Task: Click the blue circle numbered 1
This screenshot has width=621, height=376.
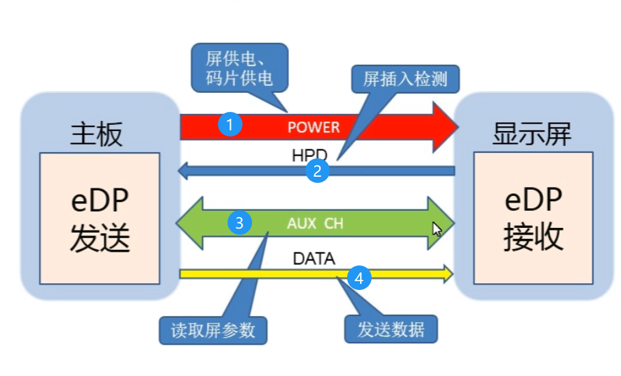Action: pos(231,125)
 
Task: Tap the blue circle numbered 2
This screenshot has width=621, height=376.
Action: pos(316,171)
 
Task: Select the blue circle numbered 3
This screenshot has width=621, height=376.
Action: pos(238,222)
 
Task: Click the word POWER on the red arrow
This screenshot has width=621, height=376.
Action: pos(313,127)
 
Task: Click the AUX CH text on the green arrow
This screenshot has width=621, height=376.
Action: pos(315,223)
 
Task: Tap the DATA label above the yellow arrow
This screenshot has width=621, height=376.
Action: pos(314,259)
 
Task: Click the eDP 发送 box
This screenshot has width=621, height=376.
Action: pos(100,218)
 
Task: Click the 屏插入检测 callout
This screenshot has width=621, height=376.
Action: pos(405,79)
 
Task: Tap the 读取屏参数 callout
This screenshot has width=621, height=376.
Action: pos(213,330)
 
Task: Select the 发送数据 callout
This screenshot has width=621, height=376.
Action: pos(391,330)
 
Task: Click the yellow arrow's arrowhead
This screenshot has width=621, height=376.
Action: pos(447,274)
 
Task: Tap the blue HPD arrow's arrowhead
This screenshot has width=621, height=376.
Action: pos(183,171)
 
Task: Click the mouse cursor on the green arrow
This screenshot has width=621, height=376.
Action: pos(437,228)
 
